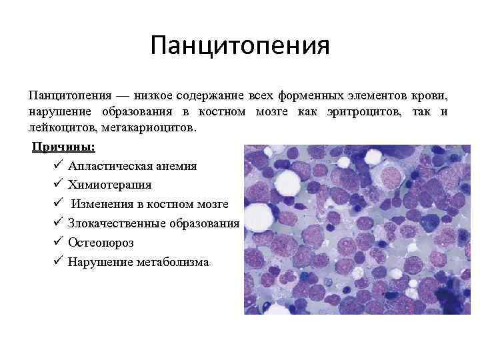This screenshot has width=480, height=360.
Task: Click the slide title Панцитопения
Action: (x=240, y=47)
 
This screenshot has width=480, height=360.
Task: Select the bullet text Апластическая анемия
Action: (x=132, y=165)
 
